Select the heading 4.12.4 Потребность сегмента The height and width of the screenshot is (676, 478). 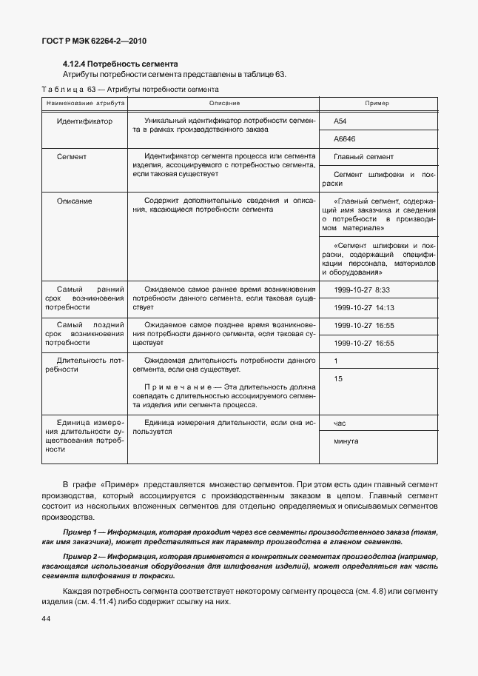tap(120, 64)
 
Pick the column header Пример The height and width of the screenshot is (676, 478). tap(377, 103)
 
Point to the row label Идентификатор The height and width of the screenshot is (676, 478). tap(84, 121)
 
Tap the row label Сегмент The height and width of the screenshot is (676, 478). tap(72, 157)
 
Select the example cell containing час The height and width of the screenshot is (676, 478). tap(341, 424)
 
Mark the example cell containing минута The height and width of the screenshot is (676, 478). tap(346, 441)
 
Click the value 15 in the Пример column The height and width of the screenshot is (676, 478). tap(338, 379)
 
